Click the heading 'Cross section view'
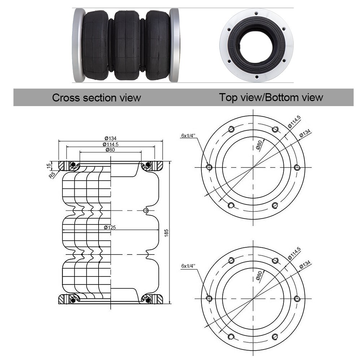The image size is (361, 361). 96,97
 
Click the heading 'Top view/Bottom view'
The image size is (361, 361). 271,97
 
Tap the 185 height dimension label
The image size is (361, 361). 166,233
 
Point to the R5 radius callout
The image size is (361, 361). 53,175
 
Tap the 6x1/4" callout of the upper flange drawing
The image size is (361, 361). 188,136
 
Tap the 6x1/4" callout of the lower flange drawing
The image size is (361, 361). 188,266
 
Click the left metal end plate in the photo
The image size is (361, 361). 78,45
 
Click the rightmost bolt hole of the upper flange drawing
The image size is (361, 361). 297,168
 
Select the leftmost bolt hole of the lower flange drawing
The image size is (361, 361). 208,299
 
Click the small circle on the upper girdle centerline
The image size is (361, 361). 146,210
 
